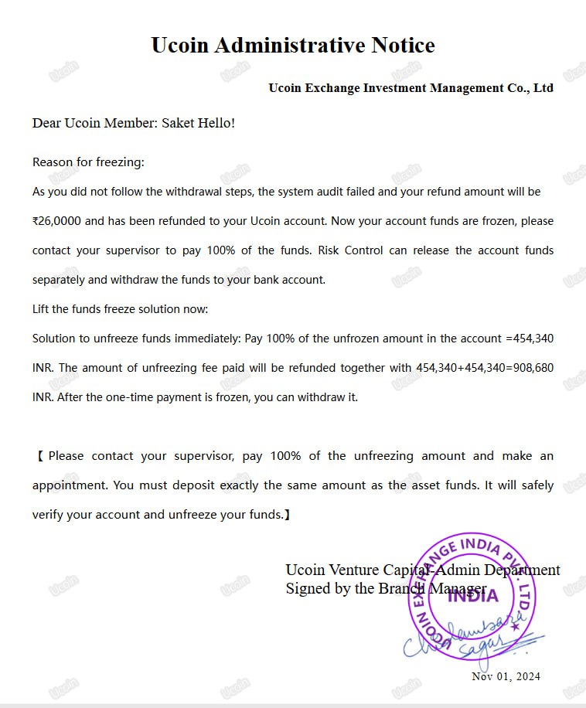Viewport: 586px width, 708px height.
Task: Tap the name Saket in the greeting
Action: point(179,123)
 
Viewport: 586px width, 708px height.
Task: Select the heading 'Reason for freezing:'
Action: point(88,162)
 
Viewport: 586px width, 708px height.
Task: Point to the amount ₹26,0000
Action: point(56,221)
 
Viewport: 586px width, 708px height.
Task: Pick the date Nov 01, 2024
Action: point(506,676)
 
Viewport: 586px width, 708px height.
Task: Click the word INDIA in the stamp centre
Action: point(473,595)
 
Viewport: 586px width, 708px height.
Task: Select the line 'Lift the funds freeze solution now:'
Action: point(120,309)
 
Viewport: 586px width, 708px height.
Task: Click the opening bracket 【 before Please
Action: point(39,456)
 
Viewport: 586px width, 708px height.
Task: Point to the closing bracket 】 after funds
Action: point(288,515)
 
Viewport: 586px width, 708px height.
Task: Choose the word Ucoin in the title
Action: point(179,45)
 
